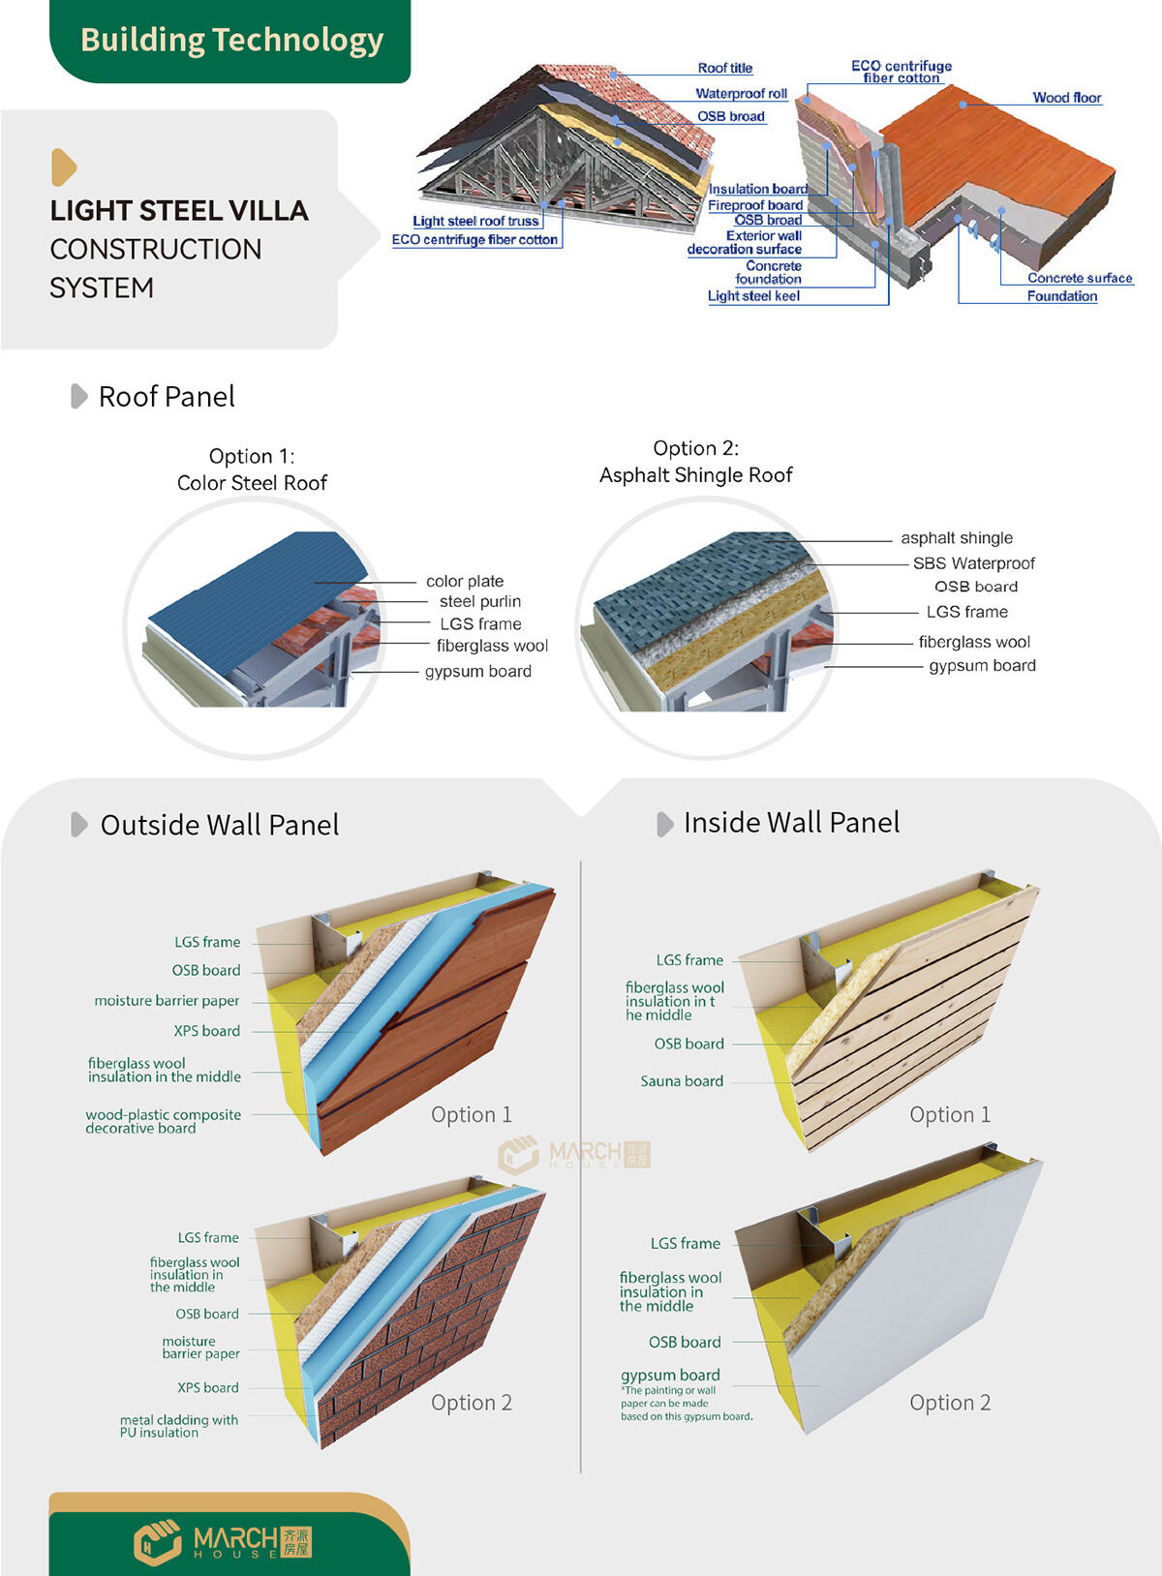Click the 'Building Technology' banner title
pyautogui.click(x=231, y=40)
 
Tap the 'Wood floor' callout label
pyautogui.click(x=1066, y=97)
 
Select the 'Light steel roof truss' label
pyautogui.click(x=474, y=221)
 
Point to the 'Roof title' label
pyautogui.click(x=724, y=68)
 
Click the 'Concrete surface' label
pyautogui.click(x=1079, y=278)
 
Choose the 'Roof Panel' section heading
pyautogui.click(x=167, y=396)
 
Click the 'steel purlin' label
pyautogui.click(x=479, y=601)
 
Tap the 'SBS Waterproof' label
pyautogui.click(x=973, y=562)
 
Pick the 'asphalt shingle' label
pyautogui.click(x=956, y=537)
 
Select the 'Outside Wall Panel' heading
pyautogui.click(x=220, y=825)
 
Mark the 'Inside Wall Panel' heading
pyautogui.click(x=791, y=823)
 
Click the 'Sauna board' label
pyautogui.click(x=682, y=1081)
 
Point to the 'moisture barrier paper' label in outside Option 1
pyautogui.click(x=167, y=1001)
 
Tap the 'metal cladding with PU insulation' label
pyautogui.click(x=178, y=1426)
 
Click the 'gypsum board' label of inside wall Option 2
pyautogui.click(x=670, y=1375)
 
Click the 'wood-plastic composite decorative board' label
pyautogui.click(x=163, y=1121)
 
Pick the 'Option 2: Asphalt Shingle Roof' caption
pyautogui.click(x=695, y=462)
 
